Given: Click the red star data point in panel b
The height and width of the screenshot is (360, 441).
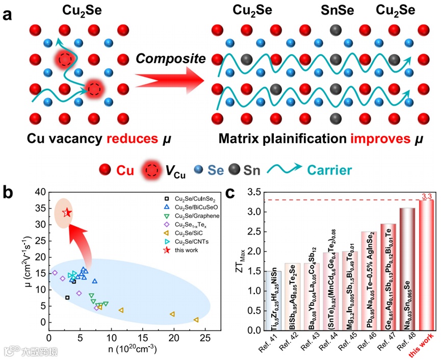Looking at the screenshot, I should click(x=67, y=213).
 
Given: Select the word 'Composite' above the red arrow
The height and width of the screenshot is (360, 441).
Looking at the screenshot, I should click(x=170, y=59).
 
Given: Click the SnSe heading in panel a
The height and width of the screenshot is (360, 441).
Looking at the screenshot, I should click(x=335, y=10).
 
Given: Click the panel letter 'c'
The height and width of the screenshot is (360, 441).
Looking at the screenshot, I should click(x=230, y=194).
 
